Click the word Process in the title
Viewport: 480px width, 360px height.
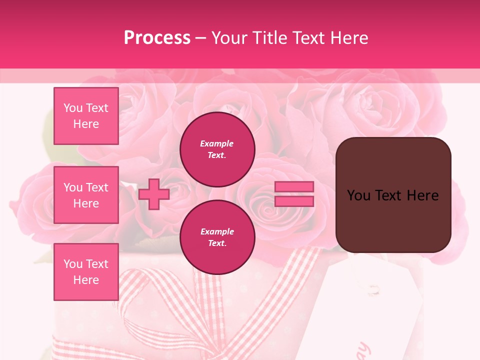pyautogui.click(x=157, y=37)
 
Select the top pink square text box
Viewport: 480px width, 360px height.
pyautogui.click(x=86, y=116)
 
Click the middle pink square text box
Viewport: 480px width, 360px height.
pyautogui.click(x=86, y=195)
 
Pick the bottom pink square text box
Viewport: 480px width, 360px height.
pyautogui.click(x=86, y=272)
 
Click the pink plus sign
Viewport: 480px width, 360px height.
pyautogui.click(x=153, y=194)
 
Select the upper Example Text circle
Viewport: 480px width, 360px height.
pyautogui.click(x=217, y=149)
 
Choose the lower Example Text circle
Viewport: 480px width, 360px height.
pyautogui.click(x=217, y=237)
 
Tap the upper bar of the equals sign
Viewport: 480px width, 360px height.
pyautogui.click(x=294, y=187)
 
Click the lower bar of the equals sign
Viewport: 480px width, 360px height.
pyautogui.click(x=294, y=201)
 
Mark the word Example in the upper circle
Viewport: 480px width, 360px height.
pyautogui.click(x=216, y=143)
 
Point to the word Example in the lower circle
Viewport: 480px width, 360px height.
pyautogui.click(x=216, y=231)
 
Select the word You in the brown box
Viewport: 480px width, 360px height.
pyautogui.click(x=358, y=195)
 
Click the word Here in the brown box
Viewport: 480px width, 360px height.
pyautogui.click(x=422, y=195)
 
